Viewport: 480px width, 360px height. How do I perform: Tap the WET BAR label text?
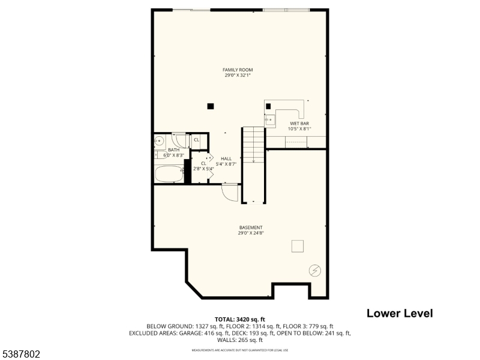pos(299,124)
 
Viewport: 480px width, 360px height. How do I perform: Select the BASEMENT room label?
pos(251,227)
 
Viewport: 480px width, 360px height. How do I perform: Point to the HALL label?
pos(226,158)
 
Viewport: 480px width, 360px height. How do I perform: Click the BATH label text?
pos(173,150)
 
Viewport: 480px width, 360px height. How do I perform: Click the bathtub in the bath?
pos(169,175)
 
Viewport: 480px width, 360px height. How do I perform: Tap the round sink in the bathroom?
pos(159,142)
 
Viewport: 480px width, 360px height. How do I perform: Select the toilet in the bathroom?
pos(179,139)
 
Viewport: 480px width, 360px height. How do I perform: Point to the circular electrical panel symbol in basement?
pos(314,271)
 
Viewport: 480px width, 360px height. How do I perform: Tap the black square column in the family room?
pos(210,106)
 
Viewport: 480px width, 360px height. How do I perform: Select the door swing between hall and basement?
pos(229,192)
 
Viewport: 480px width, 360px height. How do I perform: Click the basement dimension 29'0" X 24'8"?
pos(251,233)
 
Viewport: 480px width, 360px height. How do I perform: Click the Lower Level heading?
pos(399,313)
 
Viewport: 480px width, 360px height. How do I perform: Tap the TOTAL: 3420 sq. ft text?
pos(240,319)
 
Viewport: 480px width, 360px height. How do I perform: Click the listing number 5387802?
pos(21,355)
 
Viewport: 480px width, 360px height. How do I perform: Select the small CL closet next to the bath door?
pos(196,140)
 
